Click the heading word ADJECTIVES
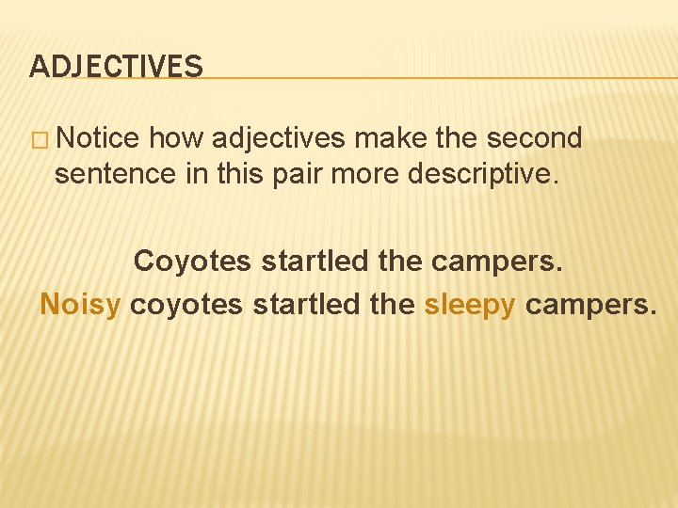coord(116,66)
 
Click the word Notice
coord(98,138)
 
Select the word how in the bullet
coord(176,138)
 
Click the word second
coord(534,138)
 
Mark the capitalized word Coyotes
coord(194,262)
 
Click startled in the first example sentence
coord(315,261)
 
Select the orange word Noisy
coord(81,305)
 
